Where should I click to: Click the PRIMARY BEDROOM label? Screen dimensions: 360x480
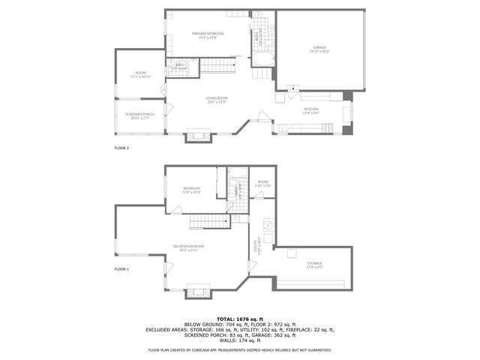(x=203, y=34)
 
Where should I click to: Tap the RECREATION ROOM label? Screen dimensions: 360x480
(x=189, y=247)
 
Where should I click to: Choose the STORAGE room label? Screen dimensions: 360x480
(x=314, y=264)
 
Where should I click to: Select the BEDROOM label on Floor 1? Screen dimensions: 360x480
(x=192, y=189)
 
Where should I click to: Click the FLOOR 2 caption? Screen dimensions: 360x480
(x=121, y=148)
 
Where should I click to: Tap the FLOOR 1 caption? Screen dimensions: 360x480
(x=121, y=268)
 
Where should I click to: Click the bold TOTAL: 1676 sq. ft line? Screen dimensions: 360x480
(x=240, y=319)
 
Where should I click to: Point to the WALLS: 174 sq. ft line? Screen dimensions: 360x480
(x=240, y=342)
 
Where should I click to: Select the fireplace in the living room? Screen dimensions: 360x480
(x=199, y=136)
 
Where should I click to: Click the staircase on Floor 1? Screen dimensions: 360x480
(x=207, y=221)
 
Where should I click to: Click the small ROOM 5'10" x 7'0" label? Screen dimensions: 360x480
(x=262, y=183)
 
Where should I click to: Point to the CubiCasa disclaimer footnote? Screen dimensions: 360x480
(x=240, y=350)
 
